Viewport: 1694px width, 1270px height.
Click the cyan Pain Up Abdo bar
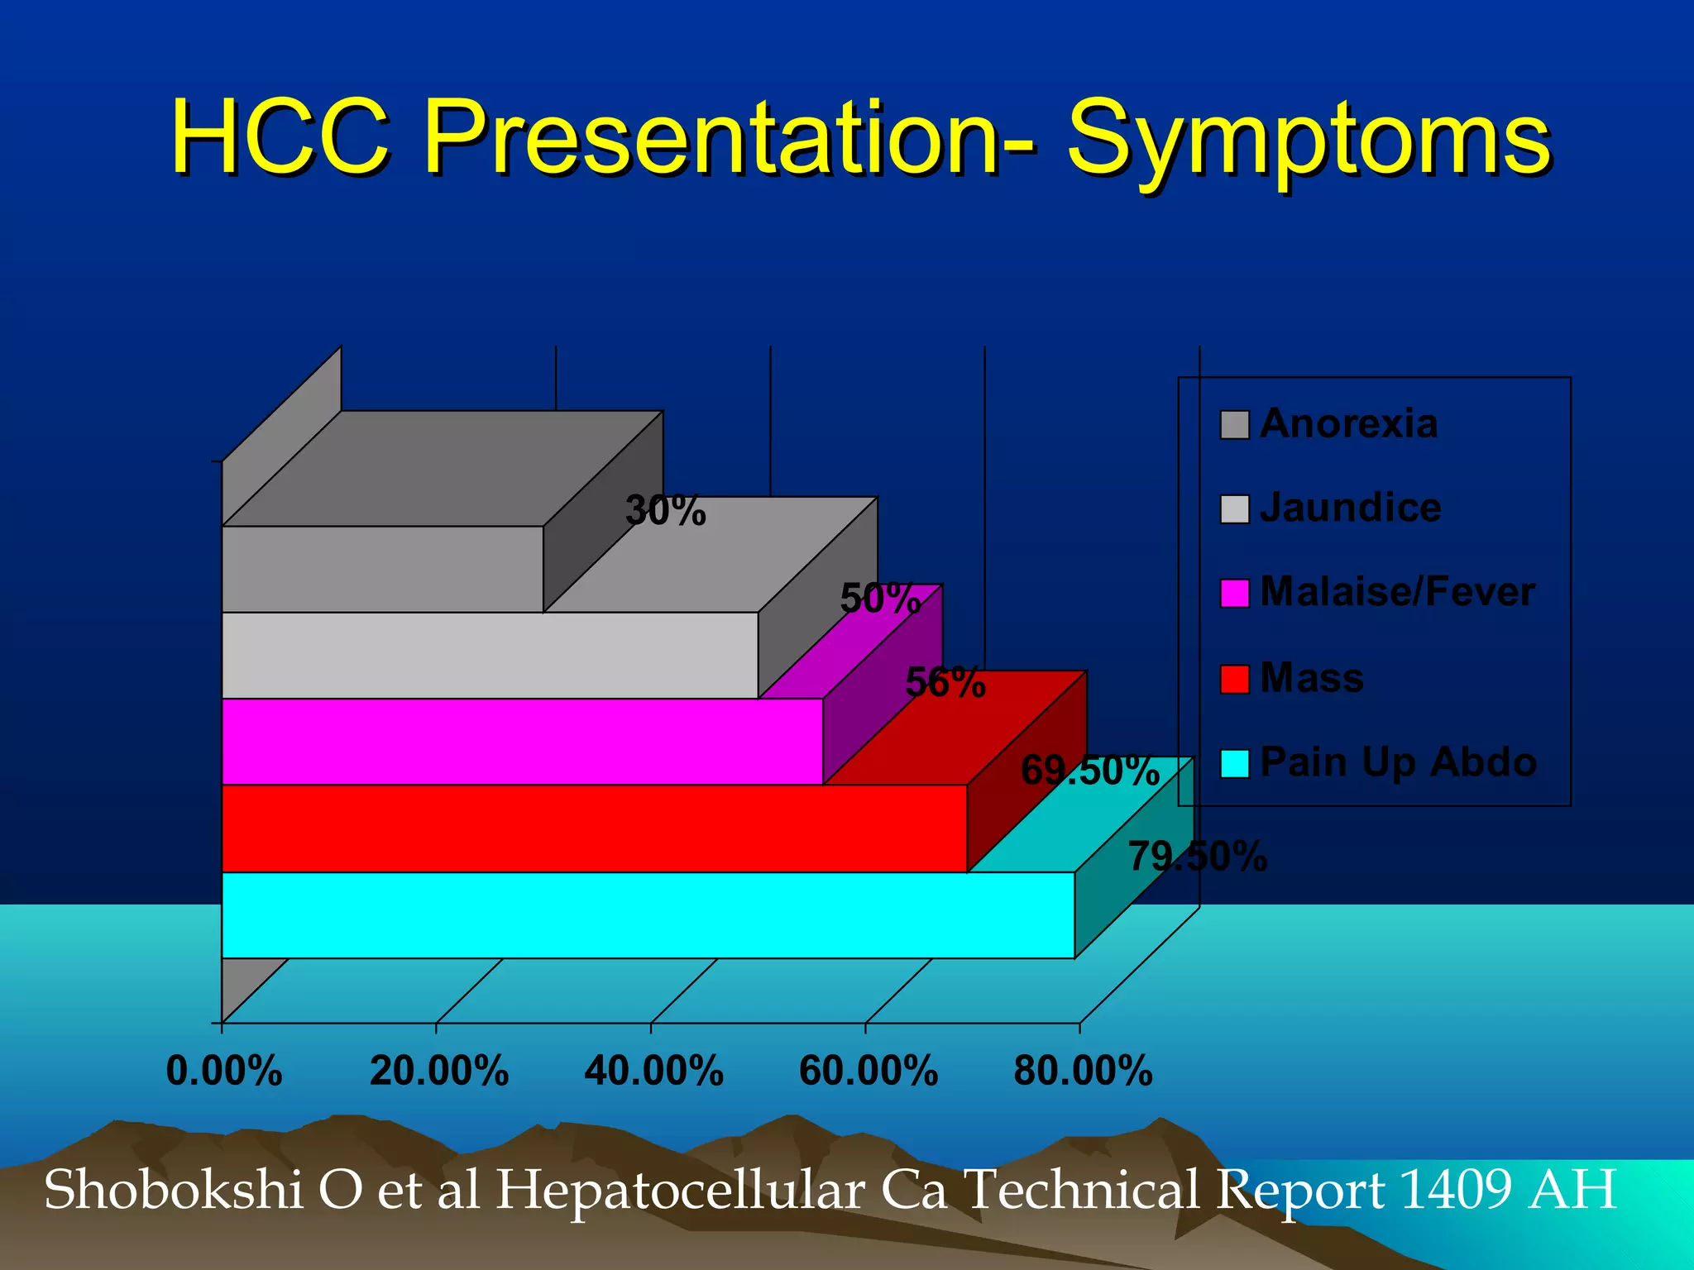[645, 914]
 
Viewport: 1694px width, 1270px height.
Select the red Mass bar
[591, 828]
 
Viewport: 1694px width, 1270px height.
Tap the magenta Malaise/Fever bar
[521, 741]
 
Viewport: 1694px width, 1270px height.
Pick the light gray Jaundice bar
[488, 655]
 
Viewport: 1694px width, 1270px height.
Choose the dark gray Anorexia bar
[380, 569]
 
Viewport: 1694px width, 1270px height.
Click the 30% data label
[666, 510]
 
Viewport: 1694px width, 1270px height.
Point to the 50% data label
[880, 598]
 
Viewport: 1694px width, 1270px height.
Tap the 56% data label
[945, 683]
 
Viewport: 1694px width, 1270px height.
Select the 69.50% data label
[1089, 770]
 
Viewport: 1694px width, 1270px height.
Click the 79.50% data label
[1197, 856]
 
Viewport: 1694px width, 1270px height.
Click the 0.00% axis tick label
[224, 1071]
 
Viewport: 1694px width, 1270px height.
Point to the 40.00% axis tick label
[653, 1071]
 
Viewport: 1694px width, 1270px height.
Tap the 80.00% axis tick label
[1083, 1071]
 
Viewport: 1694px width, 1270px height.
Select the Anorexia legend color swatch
[1234, 425]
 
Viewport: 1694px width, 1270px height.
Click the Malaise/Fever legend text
[1397, 592]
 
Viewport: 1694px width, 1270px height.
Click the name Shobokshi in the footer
[173, 1190]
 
